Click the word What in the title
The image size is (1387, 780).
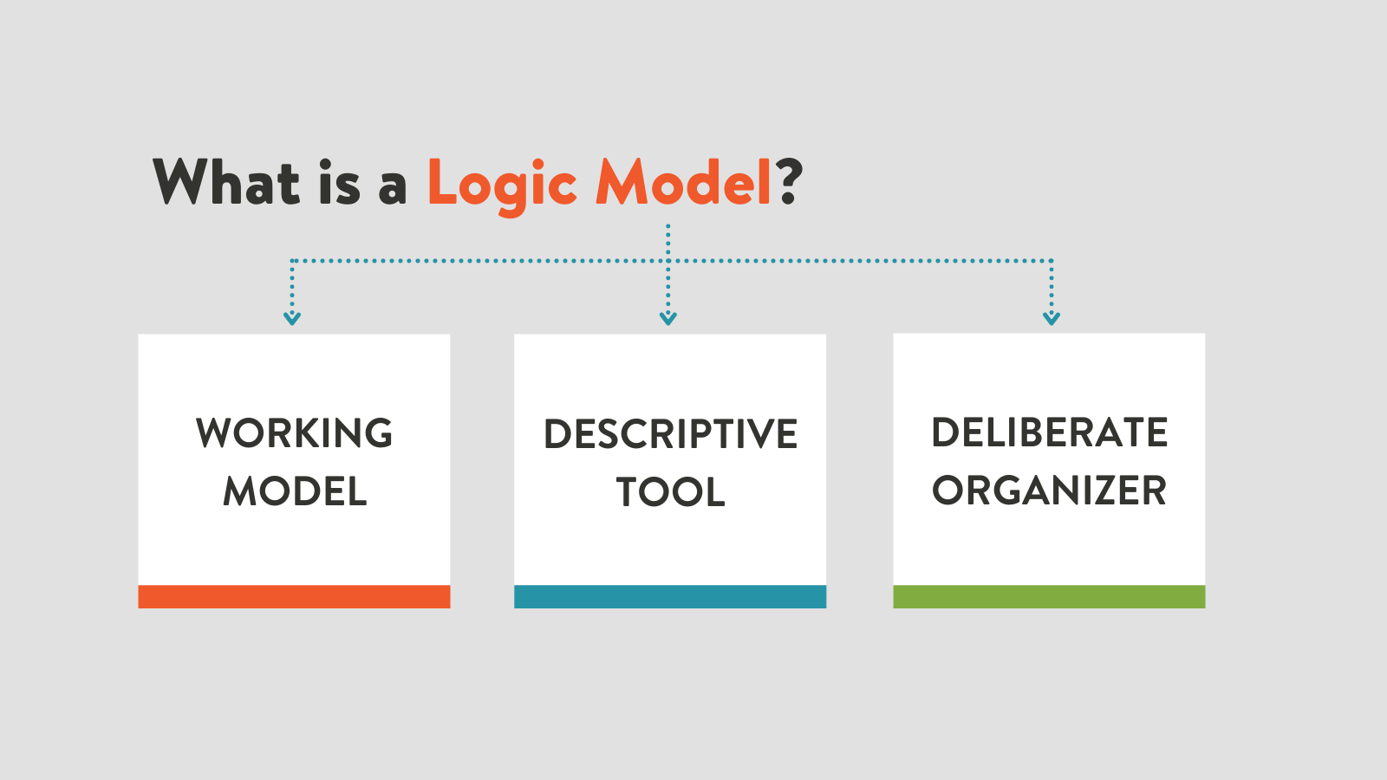pos(226,181)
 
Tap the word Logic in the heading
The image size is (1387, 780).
pos(503,186)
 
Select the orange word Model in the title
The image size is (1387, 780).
pos(683,181)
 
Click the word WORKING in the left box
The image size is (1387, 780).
pos(294,432)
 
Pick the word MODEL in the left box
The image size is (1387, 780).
pos(295,491)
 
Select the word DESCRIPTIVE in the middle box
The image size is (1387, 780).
pos(671,433)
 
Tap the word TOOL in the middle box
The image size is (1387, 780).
pos(671,492)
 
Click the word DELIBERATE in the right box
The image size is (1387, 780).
pos(1050,432)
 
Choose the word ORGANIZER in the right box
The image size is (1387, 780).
pos(1050,491)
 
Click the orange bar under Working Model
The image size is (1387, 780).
pos(294,597)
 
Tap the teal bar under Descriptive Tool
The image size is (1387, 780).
pos(670,597)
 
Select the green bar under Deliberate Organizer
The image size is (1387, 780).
pos(1049,597)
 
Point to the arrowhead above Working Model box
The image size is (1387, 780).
pos(292,319)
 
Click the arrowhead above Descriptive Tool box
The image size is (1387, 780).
pos(668,319)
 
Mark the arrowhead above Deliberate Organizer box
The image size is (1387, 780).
pos(1052,319)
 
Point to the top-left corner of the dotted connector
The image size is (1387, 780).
pos(291,261)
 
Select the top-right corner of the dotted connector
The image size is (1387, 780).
pos(1052,261)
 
